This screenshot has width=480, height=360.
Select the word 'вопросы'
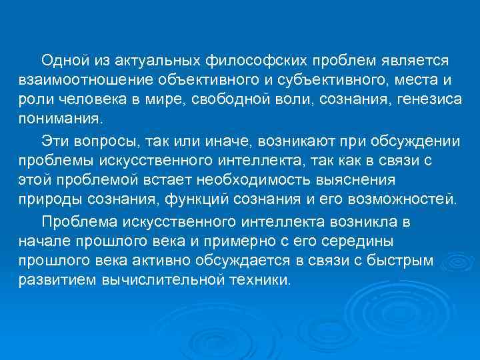(x=101, y=141)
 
